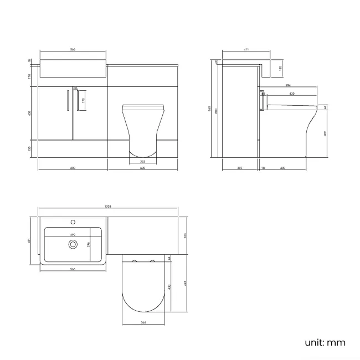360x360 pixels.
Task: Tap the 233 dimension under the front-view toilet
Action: (x=135, y=161)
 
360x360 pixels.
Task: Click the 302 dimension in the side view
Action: (x=240, y=167)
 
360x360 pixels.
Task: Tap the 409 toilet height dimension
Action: (x=326, y=133)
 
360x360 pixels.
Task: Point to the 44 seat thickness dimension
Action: (x=326, y=107)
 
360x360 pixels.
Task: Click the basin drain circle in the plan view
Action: (x=72, y=244)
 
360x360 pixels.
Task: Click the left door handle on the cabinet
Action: (x=67, y=102)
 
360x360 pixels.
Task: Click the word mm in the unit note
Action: (x=335, y=342)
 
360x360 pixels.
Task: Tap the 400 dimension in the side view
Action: (x=283, y=167)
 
